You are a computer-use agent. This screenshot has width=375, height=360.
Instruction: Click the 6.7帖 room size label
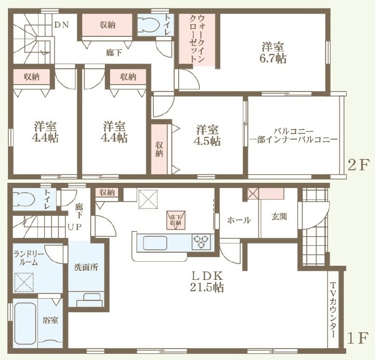(x=273, y=58)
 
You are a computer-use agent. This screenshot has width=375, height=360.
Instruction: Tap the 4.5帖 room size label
(x=207, y=141)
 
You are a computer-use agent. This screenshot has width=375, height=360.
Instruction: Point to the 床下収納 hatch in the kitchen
(x=176, y=220)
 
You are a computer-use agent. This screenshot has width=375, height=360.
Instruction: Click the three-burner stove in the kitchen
(x=201, y=242)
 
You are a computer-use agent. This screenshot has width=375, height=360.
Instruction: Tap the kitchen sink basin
(x=155, y=243)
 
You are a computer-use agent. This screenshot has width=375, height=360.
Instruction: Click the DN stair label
(x=61, y=24)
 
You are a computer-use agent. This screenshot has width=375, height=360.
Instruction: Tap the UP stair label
(x=75, y=227)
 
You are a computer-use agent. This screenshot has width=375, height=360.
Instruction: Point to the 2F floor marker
(x=357, y=165)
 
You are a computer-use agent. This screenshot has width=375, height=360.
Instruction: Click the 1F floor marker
(x=357, y=338)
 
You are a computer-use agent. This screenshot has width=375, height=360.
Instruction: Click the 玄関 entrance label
(x=279, y=217)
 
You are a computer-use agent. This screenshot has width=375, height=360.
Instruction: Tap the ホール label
(x=239, y=220)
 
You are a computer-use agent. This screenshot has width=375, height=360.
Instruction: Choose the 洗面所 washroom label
(x=86, y=267)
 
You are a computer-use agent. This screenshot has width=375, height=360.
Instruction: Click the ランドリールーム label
(x=29, y=258)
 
